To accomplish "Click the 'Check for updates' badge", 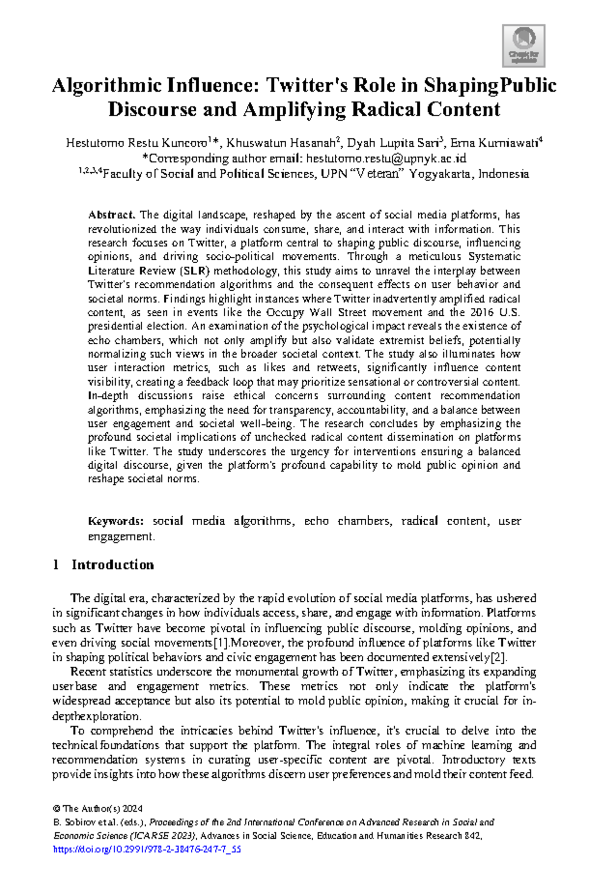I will click(523, 46).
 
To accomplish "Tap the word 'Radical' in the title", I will click(385, 110).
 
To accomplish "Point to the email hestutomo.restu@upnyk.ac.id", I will click(386, 159).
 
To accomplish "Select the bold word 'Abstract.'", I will click(111, 215).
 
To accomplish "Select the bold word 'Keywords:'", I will click(116, 521).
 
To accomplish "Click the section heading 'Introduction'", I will click(112, 565).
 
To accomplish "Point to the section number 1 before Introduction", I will click(55, 565).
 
